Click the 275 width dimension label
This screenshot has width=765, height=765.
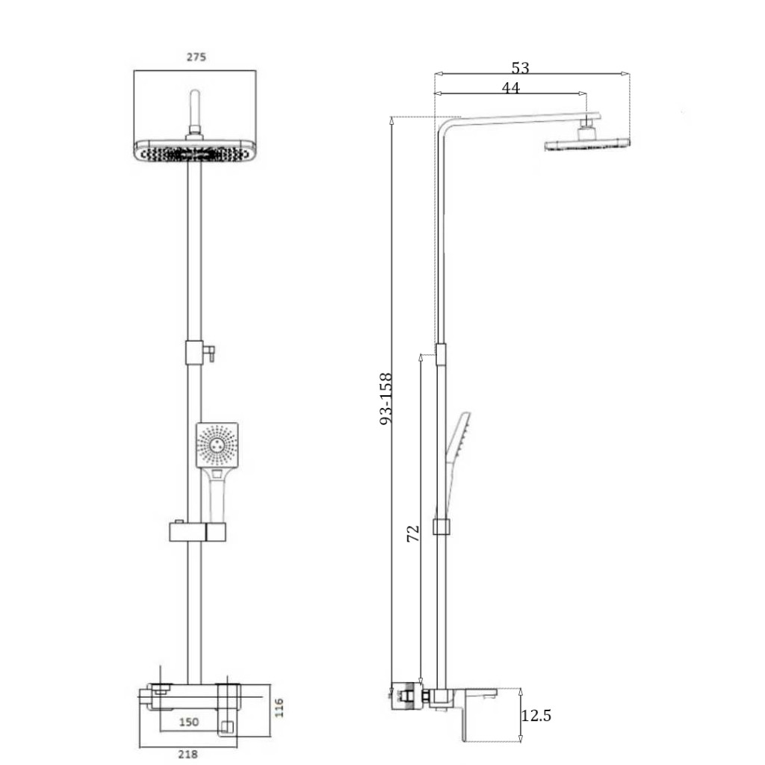(x=196, y=57)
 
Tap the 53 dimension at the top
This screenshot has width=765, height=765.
(x=521, y=67)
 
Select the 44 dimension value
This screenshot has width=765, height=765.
(x=511, y=88)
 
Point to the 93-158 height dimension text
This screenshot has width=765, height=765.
(x=386, y=399)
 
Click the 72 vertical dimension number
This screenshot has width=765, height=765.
(x=413, y=533)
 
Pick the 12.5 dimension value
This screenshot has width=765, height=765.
(x=536, y=715)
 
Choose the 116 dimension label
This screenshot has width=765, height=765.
(x=279, y=708)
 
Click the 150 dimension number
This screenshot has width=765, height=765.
(x=189, y=722)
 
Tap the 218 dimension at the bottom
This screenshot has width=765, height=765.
(x=188, y=755)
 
